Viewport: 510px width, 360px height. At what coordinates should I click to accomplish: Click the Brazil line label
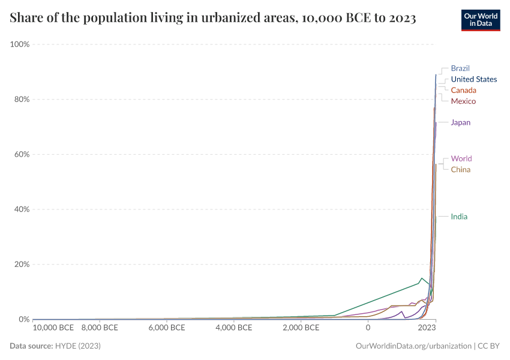pos(460,68)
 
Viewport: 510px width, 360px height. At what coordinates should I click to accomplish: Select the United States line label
pos(473,79)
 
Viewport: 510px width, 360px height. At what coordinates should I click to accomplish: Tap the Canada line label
pos(463,90)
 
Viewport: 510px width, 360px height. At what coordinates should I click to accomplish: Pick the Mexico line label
pos(463,101)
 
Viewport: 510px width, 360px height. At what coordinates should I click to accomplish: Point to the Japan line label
pos(461,122)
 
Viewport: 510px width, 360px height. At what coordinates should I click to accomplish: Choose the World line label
pos(461,159)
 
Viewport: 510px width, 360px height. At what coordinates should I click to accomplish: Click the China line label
pos(461,169)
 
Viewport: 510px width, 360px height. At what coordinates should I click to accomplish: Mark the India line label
pos(459,217)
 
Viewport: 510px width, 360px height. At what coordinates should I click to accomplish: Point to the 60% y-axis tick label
pos(22,154)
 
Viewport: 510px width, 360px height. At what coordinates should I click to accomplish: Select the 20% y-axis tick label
pos(22,264)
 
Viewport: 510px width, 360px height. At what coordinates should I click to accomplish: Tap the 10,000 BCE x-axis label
pos(53,328)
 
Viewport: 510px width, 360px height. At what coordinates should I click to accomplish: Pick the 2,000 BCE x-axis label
pos(301,328)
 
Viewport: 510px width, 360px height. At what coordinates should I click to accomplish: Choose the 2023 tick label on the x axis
pos(427,328)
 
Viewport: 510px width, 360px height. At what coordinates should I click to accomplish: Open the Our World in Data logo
pos(480,20)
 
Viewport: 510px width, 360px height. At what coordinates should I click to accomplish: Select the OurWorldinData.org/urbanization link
pos(413,346)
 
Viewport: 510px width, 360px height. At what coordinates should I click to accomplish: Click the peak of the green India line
pos(422,278)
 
